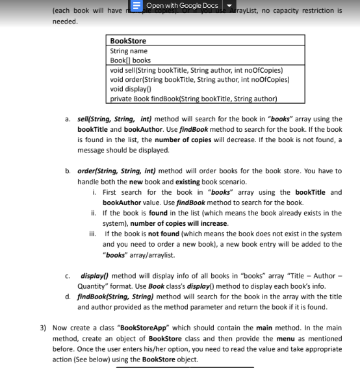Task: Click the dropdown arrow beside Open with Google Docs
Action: (x=227, y=6)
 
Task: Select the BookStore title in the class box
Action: (x=128, y=41)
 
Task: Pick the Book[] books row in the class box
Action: (x=130, y=60)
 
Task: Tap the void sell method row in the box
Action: (x=194, y=70)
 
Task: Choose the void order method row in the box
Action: (x=199, y=80)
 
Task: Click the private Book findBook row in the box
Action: (x=193, y=99)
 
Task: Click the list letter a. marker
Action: (x=68, y=119)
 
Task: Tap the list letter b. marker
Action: (x=68, y=171)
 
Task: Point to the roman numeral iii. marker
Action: (x=96, y=234)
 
